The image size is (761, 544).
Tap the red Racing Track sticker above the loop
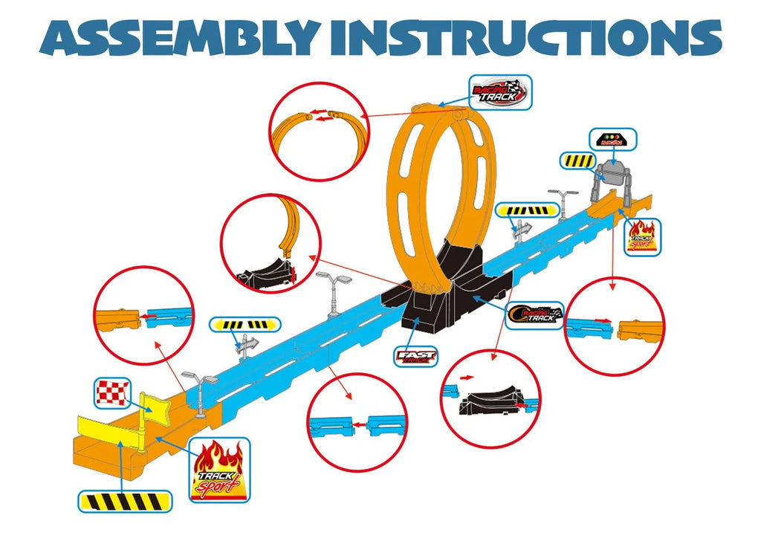click(x=500, y=92)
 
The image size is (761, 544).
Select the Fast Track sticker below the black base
click(x=417, y=357)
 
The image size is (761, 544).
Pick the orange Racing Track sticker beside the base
click(x=534, y=317)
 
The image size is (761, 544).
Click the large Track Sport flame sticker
click(x=219, y=470)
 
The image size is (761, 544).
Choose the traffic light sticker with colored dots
click(x=612, y=139)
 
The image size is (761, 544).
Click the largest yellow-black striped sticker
click(x=125, y=500)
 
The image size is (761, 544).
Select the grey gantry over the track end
click(x=614, y=177)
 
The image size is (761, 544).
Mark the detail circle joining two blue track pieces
click(x=357, y=422)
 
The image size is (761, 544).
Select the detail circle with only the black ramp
click(x=490, y=402)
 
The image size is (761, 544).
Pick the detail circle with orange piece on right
click(x=615, y=327)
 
